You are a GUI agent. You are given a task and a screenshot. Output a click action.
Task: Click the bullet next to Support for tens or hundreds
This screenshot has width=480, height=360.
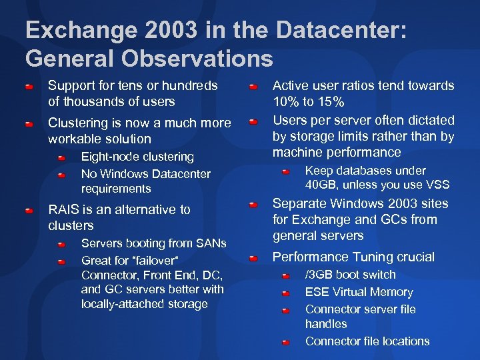29,87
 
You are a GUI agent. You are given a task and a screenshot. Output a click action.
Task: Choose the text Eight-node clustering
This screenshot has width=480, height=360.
137,157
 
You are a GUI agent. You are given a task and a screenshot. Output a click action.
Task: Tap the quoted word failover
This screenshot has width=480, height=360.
151,260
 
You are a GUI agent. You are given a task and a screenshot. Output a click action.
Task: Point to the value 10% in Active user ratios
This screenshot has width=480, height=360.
289,102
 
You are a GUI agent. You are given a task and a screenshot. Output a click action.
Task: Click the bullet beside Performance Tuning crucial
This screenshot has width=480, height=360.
253,257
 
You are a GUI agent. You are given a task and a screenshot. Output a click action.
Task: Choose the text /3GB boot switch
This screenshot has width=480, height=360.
350,275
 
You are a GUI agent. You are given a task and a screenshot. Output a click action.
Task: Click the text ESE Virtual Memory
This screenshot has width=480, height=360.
359,292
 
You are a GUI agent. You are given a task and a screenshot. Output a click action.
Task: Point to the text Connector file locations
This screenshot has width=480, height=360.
367,341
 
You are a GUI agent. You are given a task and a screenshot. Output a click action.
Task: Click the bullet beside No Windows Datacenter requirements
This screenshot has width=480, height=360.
61,175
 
